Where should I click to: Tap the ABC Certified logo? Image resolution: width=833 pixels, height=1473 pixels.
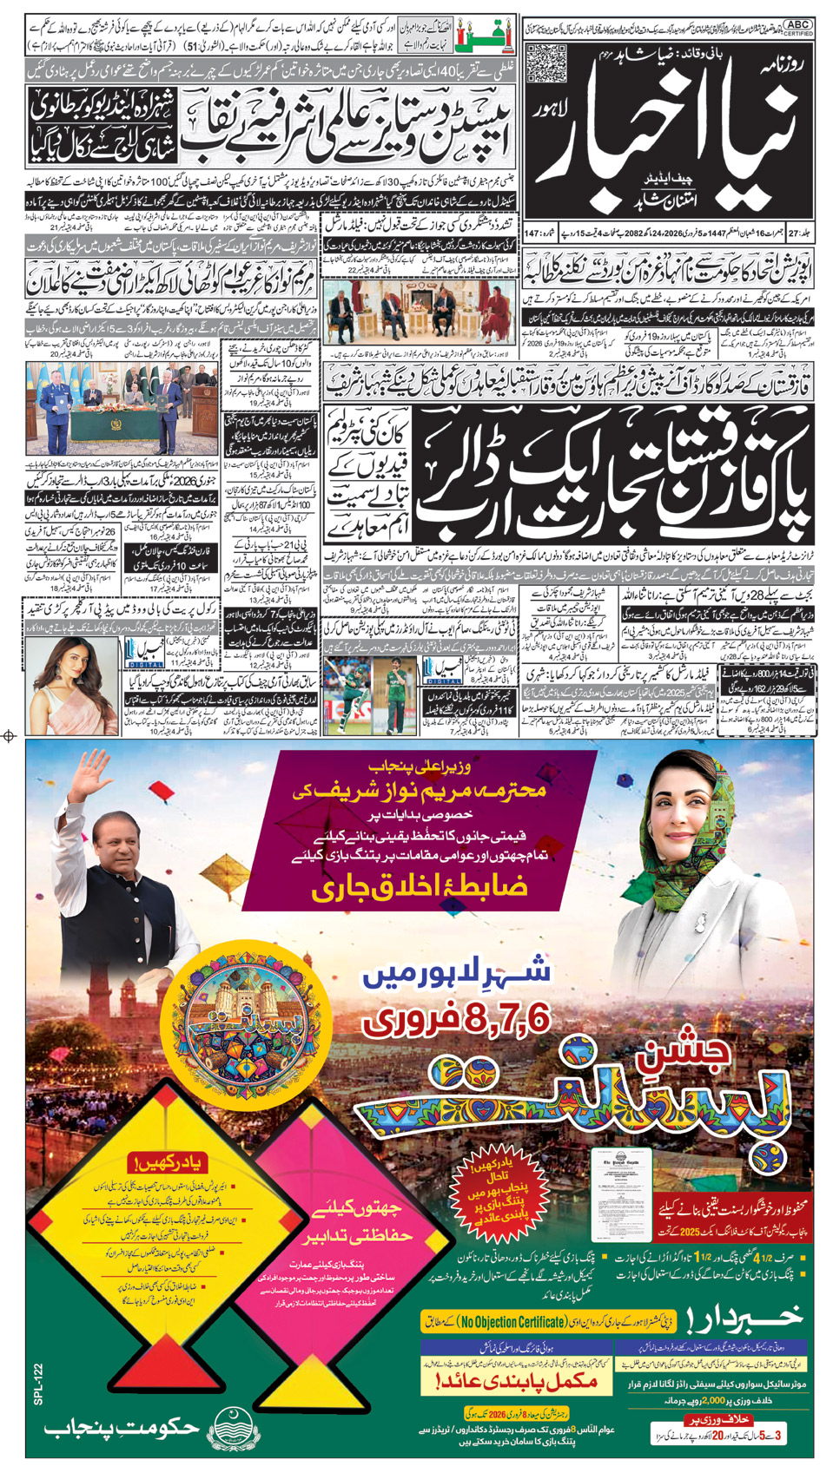pos(797,28)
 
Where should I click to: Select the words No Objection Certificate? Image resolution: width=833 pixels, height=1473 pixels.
pos(513,1322)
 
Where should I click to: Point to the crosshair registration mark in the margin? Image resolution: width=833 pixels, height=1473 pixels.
pos(10,736)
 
